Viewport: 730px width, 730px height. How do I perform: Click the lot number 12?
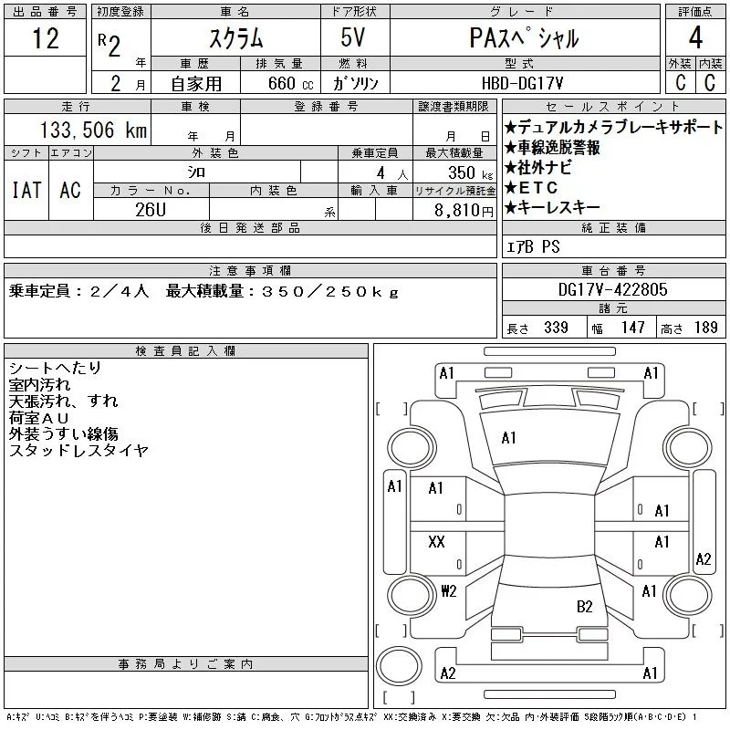point(46,38)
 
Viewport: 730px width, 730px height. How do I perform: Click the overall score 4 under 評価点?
point(695,37)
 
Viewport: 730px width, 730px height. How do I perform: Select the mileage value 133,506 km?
point(94,130)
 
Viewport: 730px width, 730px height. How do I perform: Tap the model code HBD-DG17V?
point(522,83)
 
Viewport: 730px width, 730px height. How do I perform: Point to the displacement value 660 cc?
point(291,83)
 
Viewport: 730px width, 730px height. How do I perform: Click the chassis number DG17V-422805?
point(612,289)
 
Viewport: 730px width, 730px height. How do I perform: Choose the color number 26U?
point(151,210)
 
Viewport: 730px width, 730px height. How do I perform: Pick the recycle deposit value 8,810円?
point(464,211)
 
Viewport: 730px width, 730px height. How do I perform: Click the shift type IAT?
point(26,190)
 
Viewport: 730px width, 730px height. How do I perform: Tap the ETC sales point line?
point(531,188)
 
